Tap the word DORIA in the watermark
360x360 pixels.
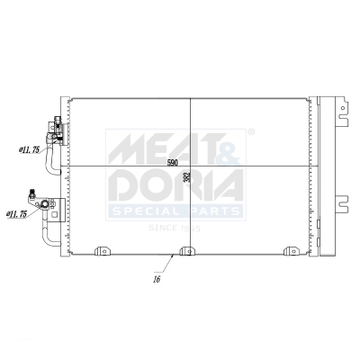pos(176,184)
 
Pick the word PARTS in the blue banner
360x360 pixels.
pos(212,211)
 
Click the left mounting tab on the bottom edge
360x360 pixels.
pos(103,251)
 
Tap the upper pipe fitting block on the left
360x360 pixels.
pos(55,131)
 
